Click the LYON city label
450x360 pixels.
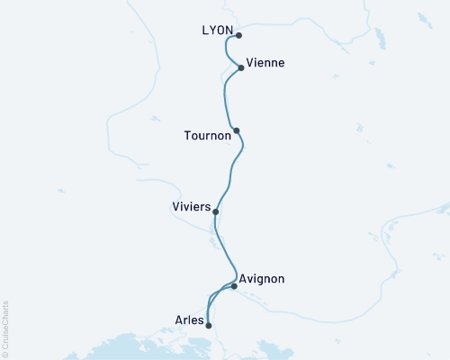point(218,31)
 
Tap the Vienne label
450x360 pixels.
point(265,63)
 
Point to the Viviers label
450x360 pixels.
point(190,207)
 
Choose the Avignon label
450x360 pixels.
point(263,279)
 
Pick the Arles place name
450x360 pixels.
point(189,318)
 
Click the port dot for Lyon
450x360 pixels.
point(238,36)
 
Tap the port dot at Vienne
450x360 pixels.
point(241,67)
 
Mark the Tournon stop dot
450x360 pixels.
point(237,130)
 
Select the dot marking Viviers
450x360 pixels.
point(215,211)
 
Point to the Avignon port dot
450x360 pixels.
point(234,286)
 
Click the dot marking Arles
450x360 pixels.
point(209,326)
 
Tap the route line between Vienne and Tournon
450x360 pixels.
point(224,99)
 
